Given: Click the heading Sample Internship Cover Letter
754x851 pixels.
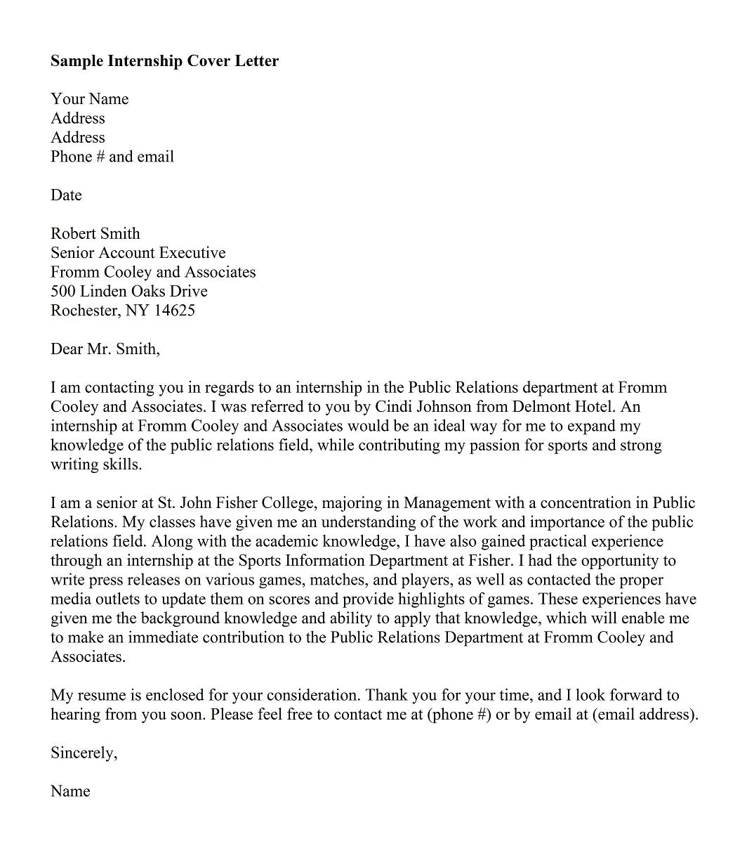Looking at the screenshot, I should pos(164,61).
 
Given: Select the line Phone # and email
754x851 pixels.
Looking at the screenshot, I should pos(112,157).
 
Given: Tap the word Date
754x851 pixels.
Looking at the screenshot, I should pos(66,195).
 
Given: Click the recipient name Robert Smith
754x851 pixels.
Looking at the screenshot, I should pos(95,234).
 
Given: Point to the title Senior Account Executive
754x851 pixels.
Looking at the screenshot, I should pos(138,253).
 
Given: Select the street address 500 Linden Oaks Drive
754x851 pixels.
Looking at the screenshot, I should pos(128,292).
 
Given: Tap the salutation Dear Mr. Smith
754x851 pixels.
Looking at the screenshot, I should pos(105,349).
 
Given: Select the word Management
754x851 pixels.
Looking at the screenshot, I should pos(447,503).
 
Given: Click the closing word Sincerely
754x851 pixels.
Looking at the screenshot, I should pos(84,753).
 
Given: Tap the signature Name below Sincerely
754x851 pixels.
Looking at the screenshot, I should pos(70,792).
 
